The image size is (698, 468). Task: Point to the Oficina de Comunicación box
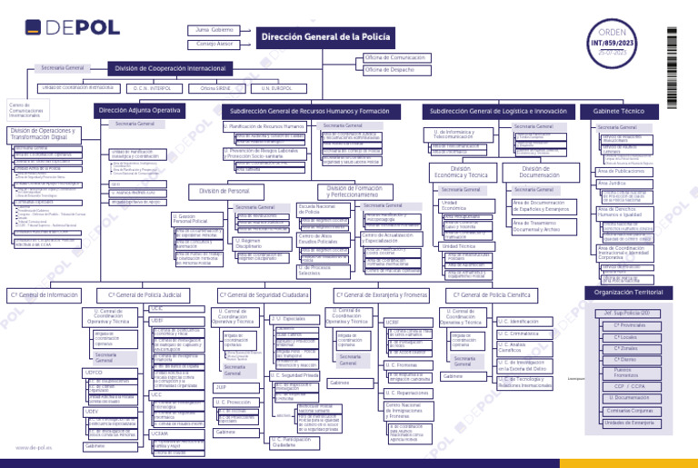coord(399,57)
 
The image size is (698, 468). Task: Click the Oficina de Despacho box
coord(399,69)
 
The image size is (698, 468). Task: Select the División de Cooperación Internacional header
coord(170,68)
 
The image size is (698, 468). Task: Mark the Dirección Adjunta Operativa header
coord(139,110)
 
